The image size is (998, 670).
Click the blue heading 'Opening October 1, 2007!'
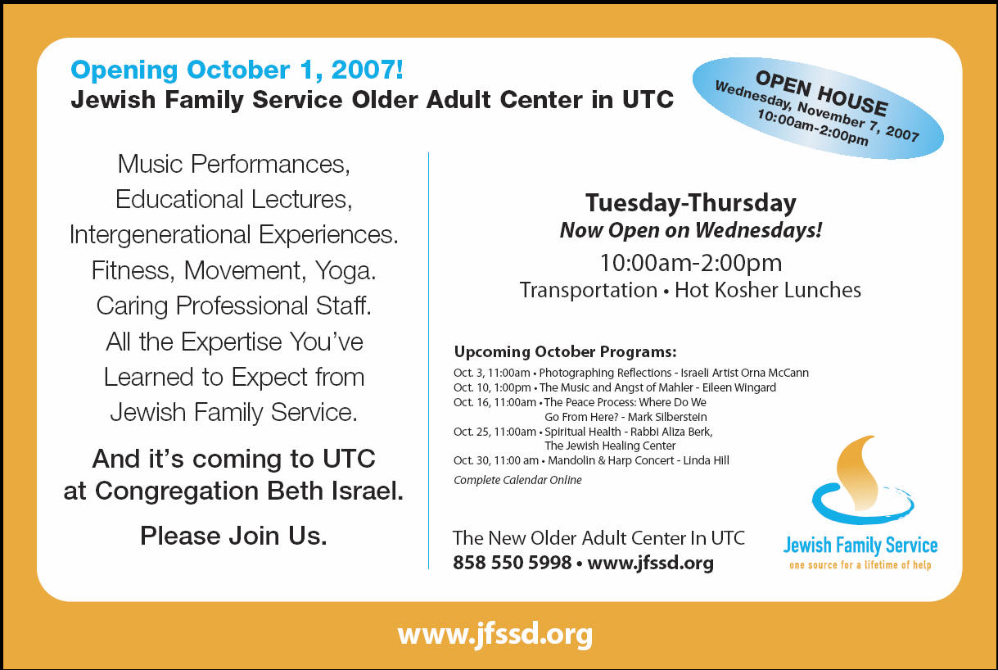tap(237, 70)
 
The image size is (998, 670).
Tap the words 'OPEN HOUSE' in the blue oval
tap(821, 93)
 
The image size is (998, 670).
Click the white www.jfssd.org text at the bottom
tap(495, 634)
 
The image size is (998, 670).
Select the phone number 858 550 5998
tap(512, 563)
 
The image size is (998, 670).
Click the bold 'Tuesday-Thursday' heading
tap(691, 203)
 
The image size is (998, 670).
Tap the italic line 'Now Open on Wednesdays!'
tap(691, 230)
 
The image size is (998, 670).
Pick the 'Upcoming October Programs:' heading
tap(565, 351)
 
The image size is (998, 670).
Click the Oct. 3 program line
tap(631, 373)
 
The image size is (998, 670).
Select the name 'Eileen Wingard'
tap(738, 387)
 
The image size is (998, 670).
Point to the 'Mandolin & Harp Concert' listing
tap(611, 460)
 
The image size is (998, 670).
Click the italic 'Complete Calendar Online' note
tap(517, 480)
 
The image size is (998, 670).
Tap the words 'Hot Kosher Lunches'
tap(768, 290)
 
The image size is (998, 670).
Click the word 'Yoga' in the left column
tap(345, 270)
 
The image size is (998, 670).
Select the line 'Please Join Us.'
tap(233, 536)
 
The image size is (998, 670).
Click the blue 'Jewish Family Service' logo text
tap(860, 546)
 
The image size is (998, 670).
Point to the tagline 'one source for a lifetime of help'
tap(860, 565)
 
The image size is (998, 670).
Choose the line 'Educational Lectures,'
tap(233, 200)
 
